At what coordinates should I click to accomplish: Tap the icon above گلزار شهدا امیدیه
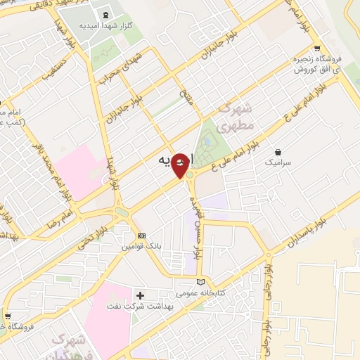(x=106, y=14)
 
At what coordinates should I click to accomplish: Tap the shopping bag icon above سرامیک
(x=278, y=152)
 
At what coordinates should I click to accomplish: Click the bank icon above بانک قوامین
(x=142, y=236)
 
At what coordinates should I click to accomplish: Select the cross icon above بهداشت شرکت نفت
(x=140, y=295)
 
